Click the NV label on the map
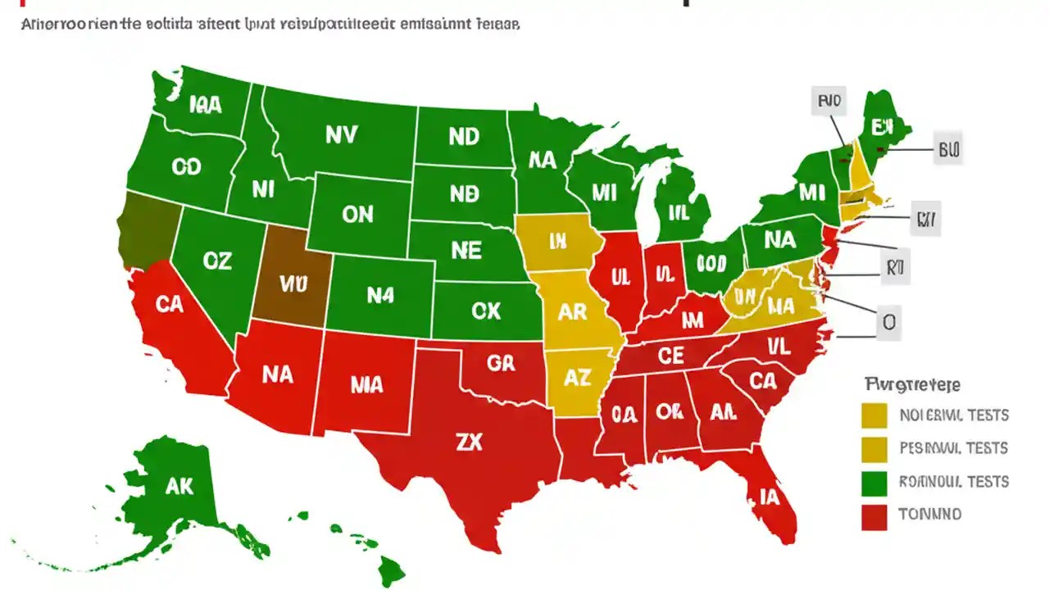pos(341,134)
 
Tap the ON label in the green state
pos(357,215)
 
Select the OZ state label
pos(217,261)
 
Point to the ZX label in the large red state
pos(469,442)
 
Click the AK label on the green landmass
pos(179,486)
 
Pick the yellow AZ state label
pos(578,377)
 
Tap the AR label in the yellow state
pos(573,312)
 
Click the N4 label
pos(380,295)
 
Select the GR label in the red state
pos(501,362)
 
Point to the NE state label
pos(465,251)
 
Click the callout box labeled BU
pos(948,150)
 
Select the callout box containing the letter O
pos(888,324)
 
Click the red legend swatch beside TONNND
pos(874,516)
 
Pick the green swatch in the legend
pos(874,483)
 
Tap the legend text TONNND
pos(929,515)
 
